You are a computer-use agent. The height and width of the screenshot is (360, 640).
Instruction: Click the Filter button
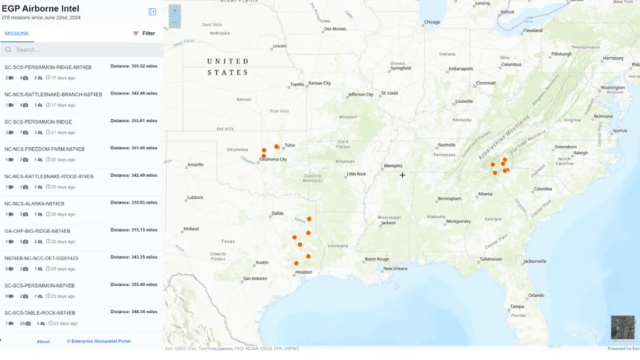click(144, 33)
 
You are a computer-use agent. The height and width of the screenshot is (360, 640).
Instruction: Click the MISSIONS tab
click(17, 33)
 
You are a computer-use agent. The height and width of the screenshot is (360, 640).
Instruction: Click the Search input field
click(83, 49)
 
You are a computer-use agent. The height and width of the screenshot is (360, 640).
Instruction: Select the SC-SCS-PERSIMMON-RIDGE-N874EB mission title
click(48, 67)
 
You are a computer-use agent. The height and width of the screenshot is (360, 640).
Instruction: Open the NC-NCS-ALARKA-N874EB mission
click(34, 204)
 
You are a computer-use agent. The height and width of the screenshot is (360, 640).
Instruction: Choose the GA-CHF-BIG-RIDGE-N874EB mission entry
click(37, 231)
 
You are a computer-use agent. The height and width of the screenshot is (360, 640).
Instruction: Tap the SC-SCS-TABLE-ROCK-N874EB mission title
click(39, 313)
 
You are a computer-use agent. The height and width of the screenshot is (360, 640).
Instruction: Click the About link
click(43, 342)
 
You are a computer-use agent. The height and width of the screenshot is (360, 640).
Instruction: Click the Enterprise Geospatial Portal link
click(99, 341)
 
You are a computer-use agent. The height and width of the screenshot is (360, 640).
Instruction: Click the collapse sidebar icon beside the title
click(152, 12)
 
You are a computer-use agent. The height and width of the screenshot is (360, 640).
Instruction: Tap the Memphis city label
click(393, 166)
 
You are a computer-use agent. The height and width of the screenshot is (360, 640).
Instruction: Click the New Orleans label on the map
click(395, 268)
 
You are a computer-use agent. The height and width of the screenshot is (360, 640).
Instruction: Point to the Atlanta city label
click(485, 194)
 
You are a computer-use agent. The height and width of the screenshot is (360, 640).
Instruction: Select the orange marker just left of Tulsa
click(277, 147)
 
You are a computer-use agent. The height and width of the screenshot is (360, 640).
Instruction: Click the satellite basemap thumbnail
click(622, 327)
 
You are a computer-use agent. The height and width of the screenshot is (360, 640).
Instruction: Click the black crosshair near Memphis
click(402, 175)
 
